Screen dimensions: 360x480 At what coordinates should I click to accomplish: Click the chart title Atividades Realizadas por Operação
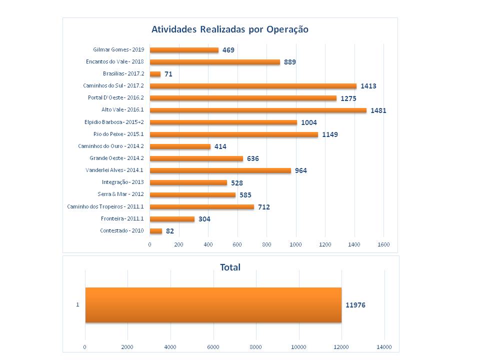(230, 29)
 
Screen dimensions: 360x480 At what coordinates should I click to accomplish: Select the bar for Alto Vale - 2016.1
(258, 110)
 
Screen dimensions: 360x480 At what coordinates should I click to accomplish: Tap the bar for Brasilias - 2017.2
(155, 74)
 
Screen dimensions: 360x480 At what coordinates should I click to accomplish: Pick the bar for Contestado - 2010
(156, 231)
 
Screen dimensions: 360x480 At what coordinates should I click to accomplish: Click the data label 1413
(368, 86)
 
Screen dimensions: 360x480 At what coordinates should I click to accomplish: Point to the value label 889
(290, 62)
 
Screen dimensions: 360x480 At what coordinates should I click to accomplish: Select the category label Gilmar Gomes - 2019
(118, 50)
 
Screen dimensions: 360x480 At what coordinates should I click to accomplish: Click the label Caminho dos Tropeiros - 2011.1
(105, 206)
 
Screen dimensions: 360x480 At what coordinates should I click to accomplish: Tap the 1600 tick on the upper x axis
(383, 244)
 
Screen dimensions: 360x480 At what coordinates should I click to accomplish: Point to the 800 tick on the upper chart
(266, 244)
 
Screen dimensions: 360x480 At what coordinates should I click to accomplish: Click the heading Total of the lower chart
(230, 267)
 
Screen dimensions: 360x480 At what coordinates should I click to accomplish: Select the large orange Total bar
(213, 304)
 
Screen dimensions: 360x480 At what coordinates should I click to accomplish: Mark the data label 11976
(355, 304)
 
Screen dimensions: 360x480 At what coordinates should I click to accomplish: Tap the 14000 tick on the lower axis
(384, 346)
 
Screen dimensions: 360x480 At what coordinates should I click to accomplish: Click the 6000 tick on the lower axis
(213, 346)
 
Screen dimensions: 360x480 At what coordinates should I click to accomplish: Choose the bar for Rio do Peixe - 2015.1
(234, 134)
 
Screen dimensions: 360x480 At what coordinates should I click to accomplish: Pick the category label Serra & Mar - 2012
(120, 194)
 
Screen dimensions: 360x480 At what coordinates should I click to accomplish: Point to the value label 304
(204, 219)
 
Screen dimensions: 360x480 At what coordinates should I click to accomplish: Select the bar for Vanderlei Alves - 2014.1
(220, 170)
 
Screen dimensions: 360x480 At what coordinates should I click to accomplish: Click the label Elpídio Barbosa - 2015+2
(114, 122)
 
